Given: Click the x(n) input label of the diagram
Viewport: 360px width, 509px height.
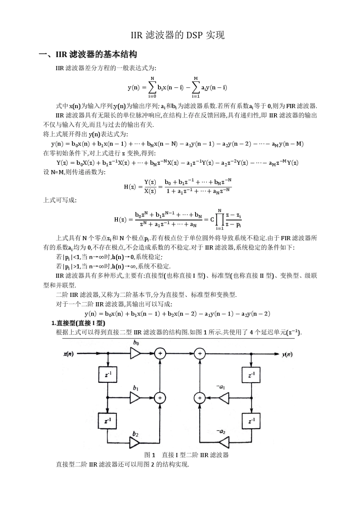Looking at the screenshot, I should pyautogui.click(x=69, y=354).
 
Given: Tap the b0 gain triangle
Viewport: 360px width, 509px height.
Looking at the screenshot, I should pyautogui.click(x=135, y=353).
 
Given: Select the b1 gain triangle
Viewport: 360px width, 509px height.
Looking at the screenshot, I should pyautogui.click(x=135, y=398).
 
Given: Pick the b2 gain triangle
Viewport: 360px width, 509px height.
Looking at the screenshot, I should pyautogui.click(x=135, y=442).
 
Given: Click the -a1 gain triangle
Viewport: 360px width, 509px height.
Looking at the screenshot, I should pyautogui.click(x=224, y=398).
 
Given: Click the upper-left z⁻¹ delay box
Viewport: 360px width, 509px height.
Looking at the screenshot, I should pyautogui.click(x=108, y=375).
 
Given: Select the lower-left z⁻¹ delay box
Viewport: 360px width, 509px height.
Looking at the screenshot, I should pyautogui.click(x=108, y=420).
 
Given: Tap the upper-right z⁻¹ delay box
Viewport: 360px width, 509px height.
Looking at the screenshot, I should pyautogui.click(x=251, y=375).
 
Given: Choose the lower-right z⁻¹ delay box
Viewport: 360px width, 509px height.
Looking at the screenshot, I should pyautogui.click(x=251, y=420).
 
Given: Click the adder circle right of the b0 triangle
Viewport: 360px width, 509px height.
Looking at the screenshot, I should pyautogui.click(x=160, y=353).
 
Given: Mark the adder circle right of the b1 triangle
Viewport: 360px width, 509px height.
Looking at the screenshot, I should pyautogui.click(x=160, y=398).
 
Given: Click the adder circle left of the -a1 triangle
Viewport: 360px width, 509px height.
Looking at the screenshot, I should pyautogui.click(x=200, y=398).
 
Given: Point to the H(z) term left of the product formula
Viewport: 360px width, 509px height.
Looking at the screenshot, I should pyautogui.click(x=120, y=219).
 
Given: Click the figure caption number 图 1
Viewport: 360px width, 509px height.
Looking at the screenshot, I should pyautogui.click(x=150, y=455).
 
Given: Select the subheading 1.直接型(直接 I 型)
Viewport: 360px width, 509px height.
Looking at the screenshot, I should pyautogui.click(x=78, y=323).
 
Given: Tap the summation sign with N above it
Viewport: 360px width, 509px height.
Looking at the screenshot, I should pyautogui.click(x=152, y=87).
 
